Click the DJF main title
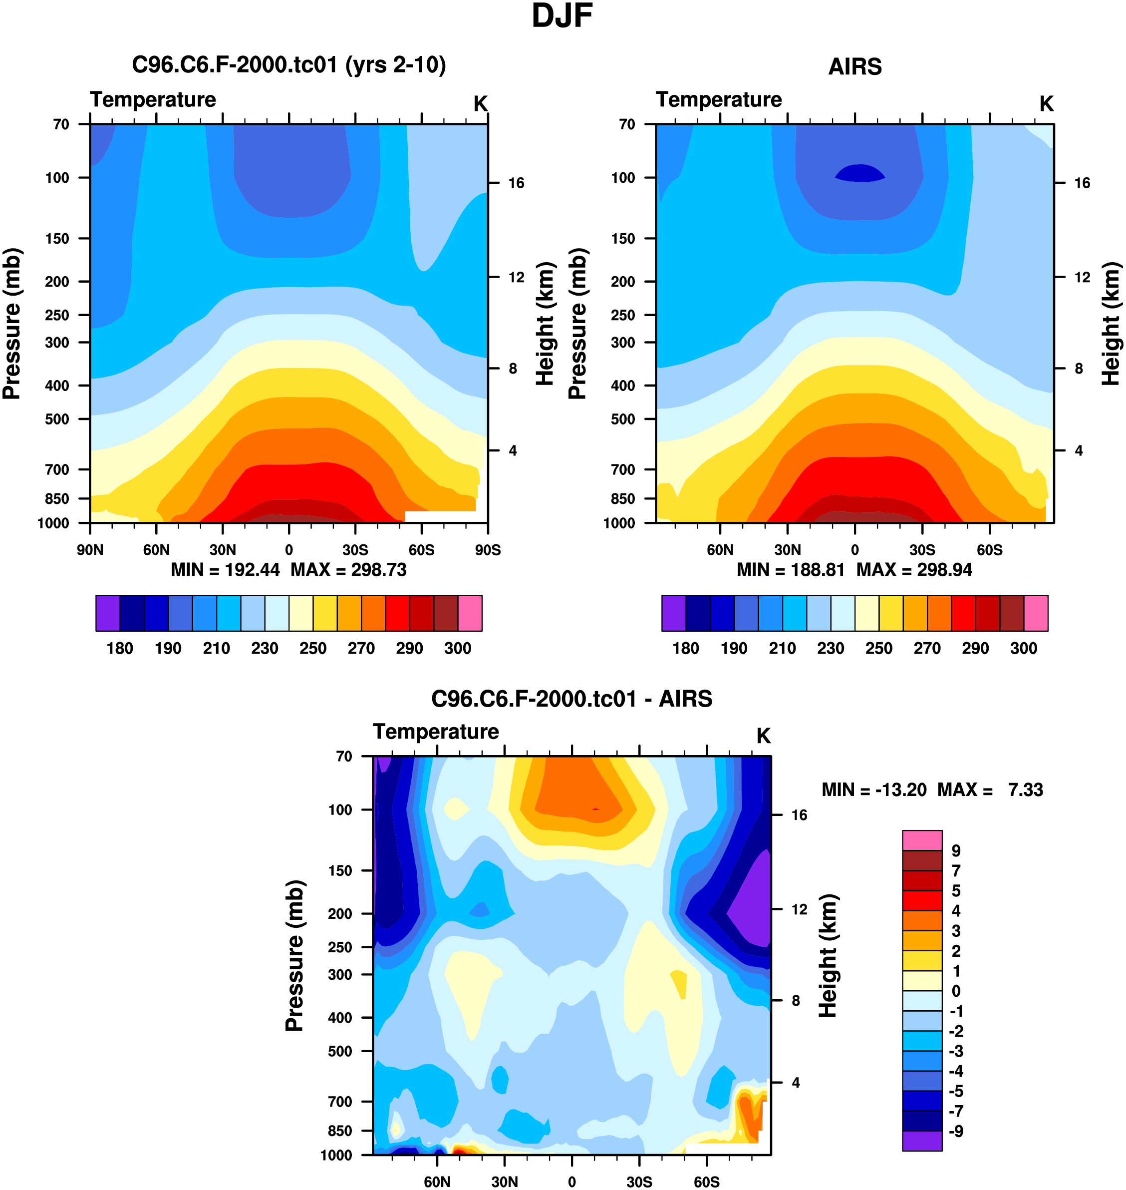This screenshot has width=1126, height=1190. tap(562, 16)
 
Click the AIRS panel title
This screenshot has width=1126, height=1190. tap(854, 66)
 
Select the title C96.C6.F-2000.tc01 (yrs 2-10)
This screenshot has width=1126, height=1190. tap(288, 65)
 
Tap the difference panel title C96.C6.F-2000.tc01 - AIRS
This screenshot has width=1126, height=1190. tap(571, 699)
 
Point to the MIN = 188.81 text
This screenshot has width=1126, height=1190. tap(790, 570)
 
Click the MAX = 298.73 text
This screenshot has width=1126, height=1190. tap(349, 570)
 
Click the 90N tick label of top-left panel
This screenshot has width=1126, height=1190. tap(90, 550)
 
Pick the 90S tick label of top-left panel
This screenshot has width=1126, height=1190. tap(487, 550)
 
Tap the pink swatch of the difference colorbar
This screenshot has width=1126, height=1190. tap(922, 840)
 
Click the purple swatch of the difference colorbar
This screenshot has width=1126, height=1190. tap(922, 1141)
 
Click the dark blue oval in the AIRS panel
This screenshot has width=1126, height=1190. tap(860, 173)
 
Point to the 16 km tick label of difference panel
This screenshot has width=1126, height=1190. tap(799, 815)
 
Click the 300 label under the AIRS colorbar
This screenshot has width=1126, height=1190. tap(1023, 649)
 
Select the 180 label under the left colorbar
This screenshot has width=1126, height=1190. tap(119, 649)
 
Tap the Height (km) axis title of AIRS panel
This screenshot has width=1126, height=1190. tap(1111, 324)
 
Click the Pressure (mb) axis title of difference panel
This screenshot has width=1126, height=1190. tap(294, 956)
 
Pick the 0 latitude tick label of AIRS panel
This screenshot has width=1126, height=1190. tap(854, 550)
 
